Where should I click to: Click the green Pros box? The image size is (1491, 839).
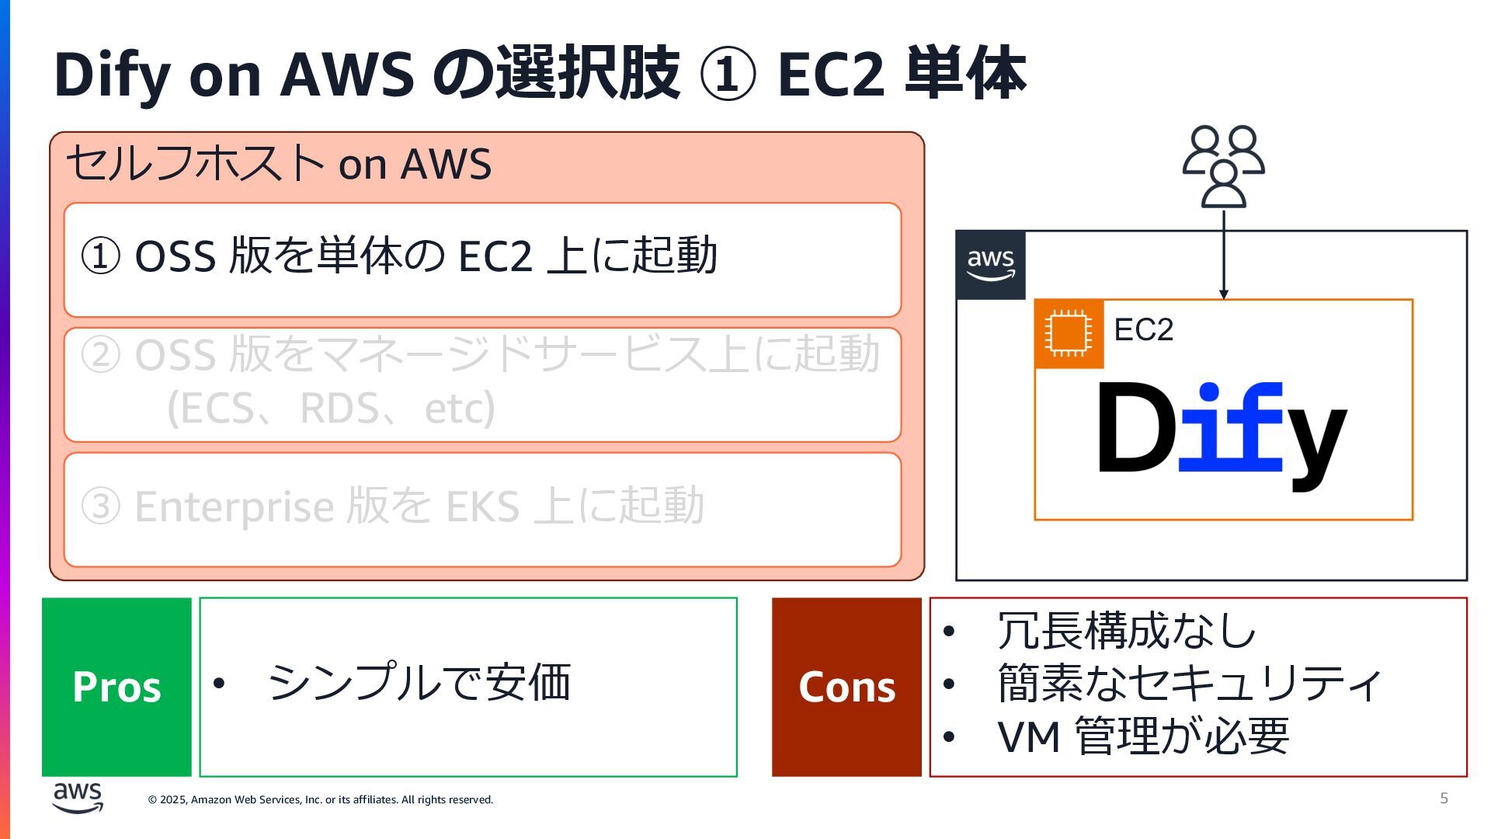[116, 687]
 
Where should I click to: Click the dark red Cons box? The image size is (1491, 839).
[846, 687]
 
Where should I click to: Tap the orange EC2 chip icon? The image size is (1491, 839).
[1069, 333]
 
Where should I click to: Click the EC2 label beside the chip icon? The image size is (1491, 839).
[1143, 330]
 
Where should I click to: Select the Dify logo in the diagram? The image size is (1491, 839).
[1221, 433]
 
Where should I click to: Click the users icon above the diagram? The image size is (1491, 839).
[1223, 166]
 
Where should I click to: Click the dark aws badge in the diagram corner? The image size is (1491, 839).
[990, 265]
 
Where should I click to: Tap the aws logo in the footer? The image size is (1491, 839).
[78, 798]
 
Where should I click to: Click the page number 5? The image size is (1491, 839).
[1444, 798]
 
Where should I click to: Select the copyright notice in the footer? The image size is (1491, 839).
[320, 799]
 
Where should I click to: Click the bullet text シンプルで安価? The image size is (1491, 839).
[419, 683]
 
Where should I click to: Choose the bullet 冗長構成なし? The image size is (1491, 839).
[1126, 631]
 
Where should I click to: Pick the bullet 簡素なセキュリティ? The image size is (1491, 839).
[1188, 684]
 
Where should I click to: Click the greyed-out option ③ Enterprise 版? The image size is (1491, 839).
[393, 507]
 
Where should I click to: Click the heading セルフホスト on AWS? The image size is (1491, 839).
[279, 164]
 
